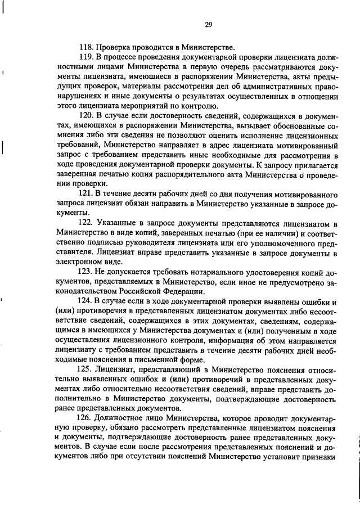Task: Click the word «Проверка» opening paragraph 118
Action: point(114,47)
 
